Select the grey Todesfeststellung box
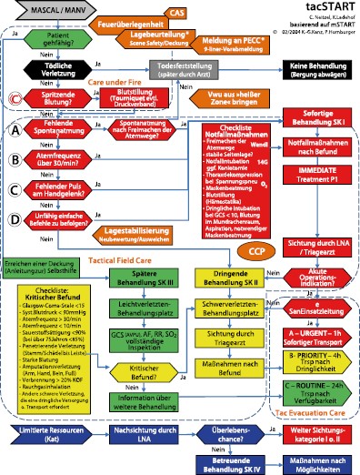click(193, 93)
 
